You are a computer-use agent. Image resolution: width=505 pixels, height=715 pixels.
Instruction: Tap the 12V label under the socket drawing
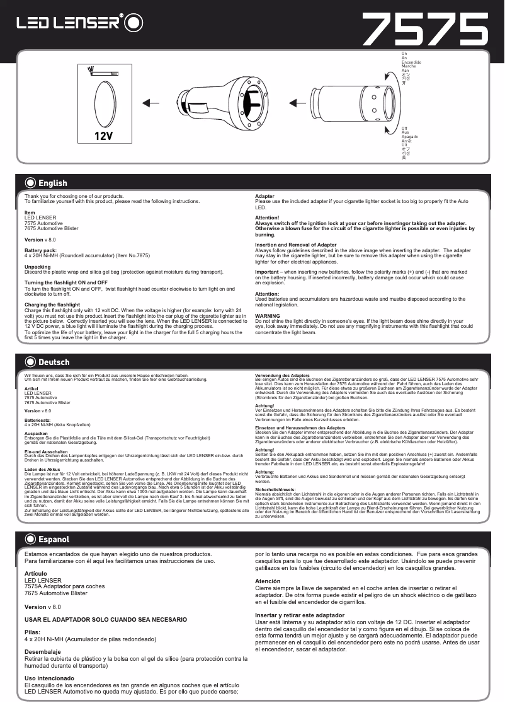[x=103, y=136]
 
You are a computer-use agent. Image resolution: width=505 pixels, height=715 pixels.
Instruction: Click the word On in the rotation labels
[x=404, y=54]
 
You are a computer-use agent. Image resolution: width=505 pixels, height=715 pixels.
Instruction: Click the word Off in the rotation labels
[x=405, y=129]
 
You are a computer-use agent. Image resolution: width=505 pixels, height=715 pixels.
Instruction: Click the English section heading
[x=52, y=183]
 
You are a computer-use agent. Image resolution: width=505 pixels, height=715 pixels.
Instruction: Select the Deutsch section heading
[x=54, y=362]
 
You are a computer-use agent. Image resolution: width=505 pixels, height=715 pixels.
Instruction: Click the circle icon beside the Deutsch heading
[x=30, y=362]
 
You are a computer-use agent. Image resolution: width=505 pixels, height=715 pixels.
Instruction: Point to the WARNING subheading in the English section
[x=268, y=315]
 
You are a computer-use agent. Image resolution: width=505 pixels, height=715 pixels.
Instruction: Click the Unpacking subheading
[x=38, y=267]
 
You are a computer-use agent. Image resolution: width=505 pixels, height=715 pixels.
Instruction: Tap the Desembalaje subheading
[x=42, y=652]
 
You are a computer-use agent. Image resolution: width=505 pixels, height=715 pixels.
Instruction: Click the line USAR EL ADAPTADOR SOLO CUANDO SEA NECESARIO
[x=106, y=620]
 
